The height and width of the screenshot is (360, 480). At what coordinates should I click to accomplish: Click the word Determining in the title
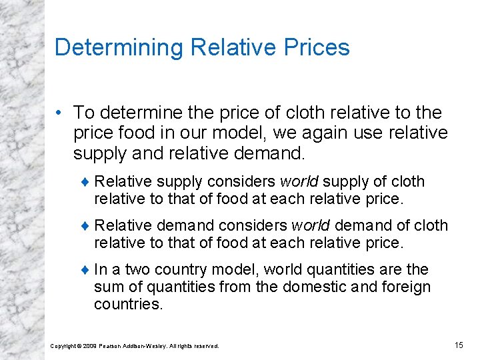click(x=119, y=47)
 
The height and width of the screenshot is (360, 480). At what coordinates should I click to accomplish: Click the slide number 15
click(x=458, y=345)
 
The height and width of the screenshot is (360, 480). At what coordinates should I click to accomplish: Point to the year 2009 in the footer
click(x=90, y=345)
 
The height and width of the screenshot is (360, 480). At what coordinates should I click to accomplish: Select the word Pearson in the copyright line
click(x=113, y=345)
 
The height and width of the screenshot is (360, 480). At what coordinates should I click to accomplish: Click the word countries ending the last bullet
click(x=128, y=305)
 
